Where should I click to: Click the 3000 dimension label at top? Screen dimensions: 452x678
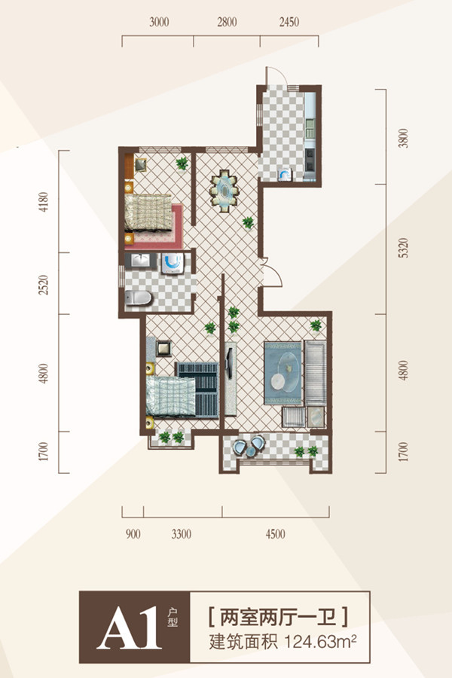coord(159,22)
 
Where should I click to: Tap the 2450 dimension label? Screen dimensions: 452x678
coord(289,22)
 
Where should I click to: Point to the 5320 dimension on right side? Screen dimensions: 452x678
coord(403,248)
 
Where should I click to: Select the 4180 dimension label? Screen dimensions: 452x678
coord(44,202)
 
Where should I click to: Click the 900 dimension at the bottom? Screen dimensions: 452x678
coord(133,534)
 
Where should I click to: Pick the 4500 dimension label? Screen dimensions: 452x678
coord(276,534)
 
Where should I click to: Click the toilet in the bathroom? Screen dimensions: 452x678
coord(139,298)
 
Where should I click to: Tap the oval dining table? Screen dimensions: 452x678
coord(224,191)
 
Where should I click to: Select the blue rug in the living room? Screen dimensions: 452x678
coord(283,374)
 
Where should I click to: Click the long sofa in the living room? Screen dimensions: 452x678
coord(316,373)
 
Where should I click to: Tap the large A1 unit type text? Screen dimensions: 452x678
coord(129,628)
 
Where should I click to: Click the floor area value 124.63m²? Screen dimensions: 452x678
coord(320,642)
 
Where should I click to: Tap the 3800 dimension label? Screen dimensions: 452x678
coord(403,139)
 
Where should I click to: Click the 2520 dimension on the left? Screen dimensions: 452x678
coord(44,285)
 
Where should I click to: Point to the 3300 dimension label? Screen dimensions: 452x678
coord(182,534)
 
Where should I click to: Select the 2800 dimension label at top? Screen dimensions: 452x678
coord(227,22)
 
